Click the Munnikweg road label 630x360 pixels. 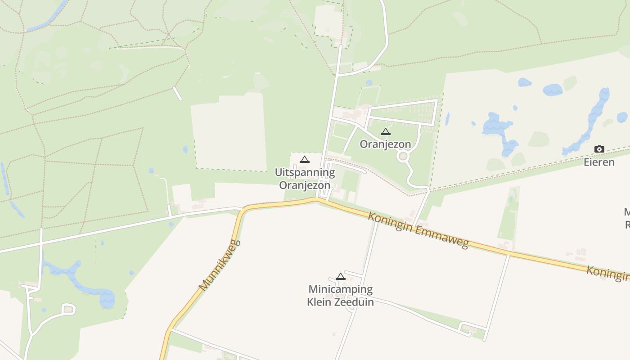[220, 265]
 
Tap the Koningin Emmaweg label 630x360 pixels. [418, 230]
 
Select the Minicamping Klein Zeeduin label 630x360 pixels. [340, 296]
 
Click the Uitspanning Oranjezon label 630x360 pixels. [305, 179]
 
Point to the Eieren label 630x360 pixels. [599, 162]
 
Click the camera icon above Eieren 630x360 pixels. [599, 149]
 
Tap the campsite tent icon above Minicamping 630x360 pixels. [341, 276]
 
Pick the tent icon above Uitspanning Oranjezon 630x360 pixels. [305, 159]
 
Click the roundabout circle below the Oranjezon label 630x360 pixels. [403, 156]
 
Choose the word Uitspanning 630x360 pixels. [305, 172]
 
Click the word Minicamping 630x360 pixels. [340, 289]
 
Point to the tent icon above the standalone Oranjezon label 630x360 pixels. [385, 132]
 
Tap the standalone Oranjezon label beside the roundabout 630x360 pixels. [385, 144]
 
